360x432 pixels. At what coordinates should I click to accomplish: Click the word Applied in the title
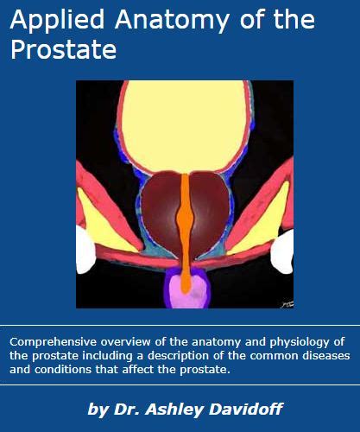(57, 21)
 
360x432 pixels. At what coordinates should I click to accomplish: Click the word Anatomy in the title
(172, 21)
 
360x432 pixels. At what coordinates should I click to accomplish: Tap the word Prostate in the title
(64, 49)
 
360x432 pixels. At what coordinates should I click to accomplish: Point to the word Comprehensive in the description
(53, 342)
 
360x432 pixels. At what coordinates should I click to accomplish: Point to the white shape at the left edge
(85, 250)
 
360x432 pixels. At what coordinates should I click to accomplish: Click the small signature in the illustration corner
(287, 304)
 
